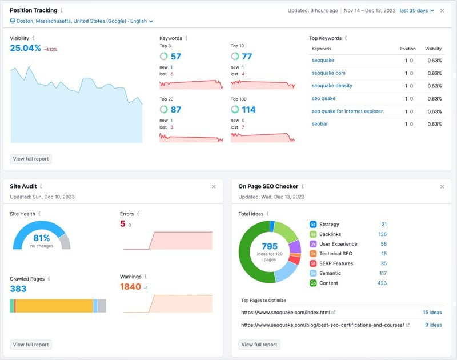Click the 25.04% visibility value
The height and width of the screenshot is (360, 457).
click(x=25, y=48)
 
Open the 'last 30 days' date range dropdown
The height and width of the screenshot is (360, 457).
click(x=416, y=10)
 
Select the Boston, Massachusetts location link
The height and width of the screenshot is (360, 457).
click(x=81, y=21)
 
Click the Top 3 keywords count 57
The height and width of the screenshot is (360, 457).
click(x=175, y=57)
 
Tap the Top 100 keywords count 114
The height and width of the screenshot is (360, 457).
click(x=248, y=110)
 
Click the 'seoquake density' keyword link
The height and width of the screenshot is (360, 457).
click(x=332, y=86)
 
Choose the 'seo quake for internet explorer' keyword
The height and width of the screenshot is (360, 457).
click(x=347, y=111)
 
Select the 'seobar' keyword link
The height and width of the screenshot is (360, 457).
click(x=319, y=124)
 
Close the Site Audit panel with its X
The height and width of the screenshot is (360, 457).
click(x=214, y=186)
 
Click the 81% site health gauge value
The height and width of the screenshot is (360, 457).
click(x=42, y=238)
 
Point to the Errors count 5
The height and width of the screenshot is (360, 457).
click(x=122, y=224)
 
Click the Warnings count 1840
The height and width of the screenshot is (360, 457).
click(x=130, y=287)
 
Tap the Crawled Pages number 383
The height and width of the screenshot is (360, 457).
click(x=18, y=289)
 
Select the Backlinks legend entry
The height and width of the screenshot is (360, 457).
click(x=330, y=234)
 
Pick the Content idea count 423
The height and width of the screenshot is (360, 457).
click(x=382, y=283)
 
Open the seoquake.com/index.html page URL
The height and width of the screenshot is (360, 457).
click(x=285, y=313)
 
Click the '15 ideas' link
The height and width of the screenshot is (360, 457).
click(x=432, y=313)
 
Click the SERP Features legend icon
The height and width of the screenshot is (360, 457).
click(x=313, y=263)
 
